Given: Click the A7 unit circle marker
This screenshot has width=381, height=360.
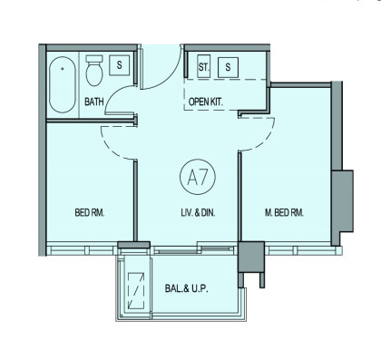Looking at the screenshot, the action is coord(198,177).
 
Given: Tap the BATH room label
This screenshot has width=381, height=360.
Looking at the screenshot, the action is coord(94,102).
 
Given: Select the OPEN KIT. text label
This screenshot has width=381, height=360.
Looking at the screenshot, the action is coord(206,102).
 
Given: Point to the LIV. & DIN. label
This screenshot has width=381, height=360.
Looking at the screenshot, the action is coord(198,213).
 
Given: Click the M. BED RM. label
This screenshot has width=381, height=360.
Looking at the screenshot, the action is coord(284,213).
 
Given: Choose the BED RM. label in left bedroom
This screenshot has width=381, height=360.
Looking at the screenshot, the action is coord(90,213).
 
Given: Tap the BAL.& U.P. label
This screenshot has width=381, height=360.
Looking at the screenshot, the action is coord(187,288).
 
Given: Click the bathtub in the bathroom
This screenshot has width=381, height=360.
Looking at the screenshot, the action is coord(63,85).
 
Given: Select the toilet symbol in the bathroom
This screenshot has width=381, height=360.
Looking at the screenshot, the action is coord(94,71).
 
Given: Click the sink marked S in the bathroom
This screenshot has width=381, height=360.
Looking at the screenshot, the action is coord(119,65).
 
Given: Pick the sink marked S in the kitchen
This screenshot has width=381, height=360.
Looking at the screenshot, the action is coord(228,67).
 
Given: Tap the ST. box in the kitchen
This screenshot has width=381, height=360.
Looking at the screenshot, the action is coord(203,67).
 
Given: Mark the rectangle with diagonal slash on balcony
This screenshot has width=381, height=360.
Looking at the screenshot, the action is coord(136,291).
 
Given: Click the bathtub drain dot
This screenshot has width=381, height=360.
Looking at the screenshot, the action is coord(63,69).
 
